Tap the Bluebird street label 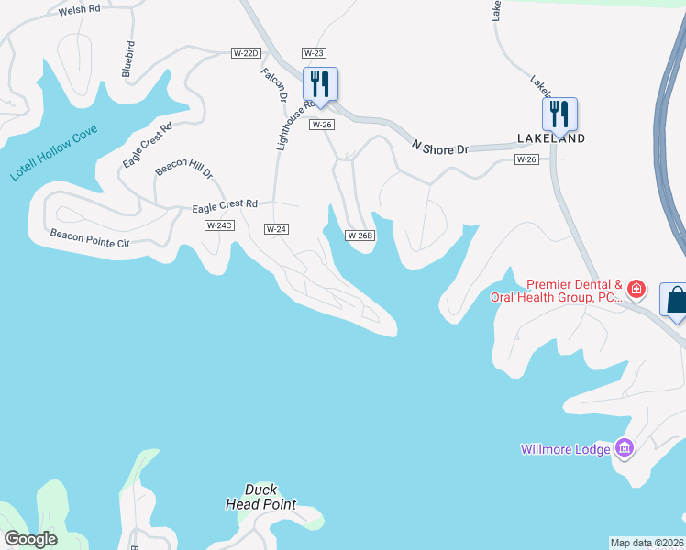pos(128,58)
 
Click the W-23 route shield pos(314,54)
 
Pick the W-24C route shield pos(219,225)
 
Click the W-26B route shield pos(360,236)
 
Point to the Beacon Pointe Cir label pos(91,239)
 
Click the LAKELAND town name pos(551,138)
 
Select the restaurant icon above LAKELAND pos(559,114)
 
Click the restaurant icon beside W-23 pos(320,83)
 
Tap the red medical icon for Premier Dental pos(636,291)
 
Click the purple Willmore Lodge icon pos(625,448)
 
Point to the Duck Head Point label pos(261,497)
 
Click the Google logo pos(31,539)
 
